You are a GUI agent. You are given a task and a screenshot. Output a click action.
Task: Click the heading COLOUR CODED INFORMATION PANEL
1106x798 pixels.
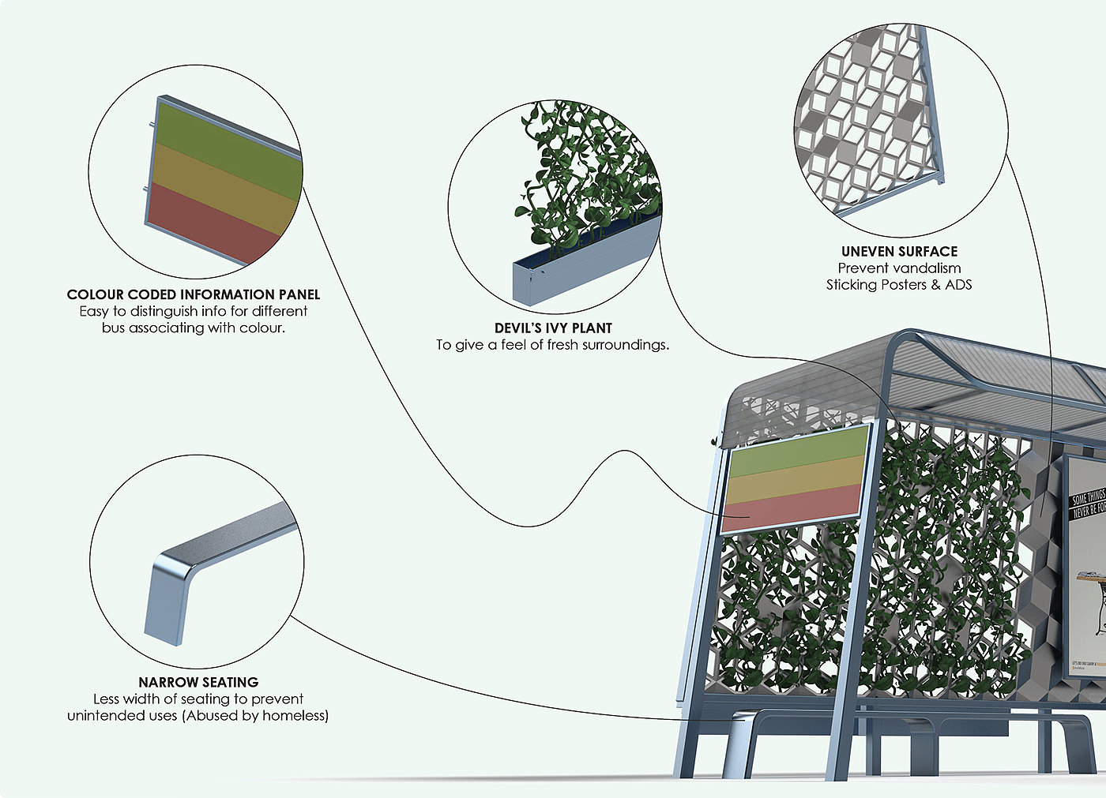pyautogui.click(x=194, y=294)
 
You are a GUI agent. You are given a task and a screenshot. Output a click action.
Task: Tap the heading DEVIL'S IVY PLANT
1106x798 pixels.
pyautogui.click(x=553, y=328)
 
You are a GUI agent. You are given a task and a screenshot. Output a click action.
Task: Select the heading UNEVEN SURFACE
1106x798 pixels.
pyautogui.click(x=899, y=252)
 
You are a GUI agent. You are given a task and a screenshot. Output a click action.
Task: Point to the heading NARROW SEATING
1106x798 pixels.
pyautogui.click(x=198, y=682)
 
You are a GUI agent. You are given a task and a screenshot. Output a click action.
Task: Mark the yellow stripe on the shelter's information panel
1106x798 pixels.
pyautogui.click(x=794, y=479)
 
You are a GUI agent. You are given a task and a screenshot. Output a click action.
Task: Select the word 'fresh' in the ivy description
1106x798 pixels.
pyautogui.click(x=562, y=345)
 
